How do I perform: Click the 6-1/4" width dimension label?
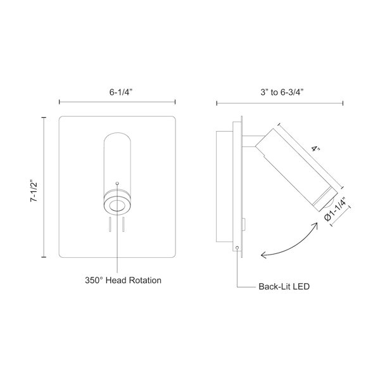(x=121, y=92)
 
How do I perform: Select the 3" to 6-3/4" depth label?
(x=282, y=92)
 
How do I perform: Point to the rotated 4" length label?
(x=316, y=149)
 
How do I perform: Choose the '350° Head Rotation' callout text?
(x=123, y=280)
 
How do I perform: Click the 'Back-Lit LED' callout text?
(x=284, y=286)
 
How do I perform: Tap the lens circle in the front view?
(x=117, y=206)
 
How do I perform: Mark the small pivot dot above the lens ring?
(x=117, y=183)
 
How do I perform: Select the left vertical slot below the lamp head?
(x=110, y=224)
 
